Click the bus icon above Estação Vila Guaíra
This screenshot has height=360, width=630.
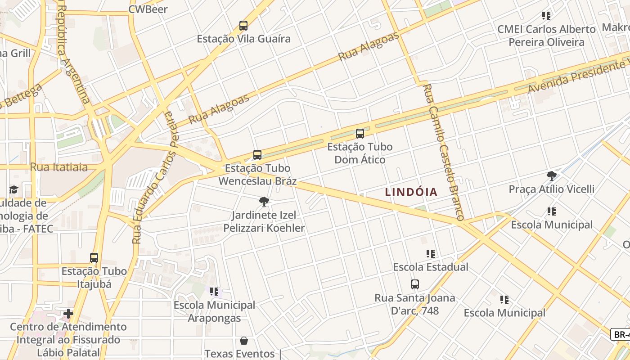pyautogui.click(x=243, y=26)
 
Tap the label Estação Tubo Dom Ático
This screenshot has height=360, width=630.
pyautogui.click(x=360, y=153)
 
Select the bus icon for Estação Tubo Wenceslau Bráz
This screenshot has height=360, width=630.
pyautogui.click(x=257, y=155)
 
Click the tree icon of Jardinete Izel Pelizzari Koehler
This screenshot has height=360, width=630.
pyautogui.click(x=264, y=202)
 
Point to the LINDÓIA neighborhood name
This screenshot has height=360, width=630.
pyautogui.click(x=411, y=192)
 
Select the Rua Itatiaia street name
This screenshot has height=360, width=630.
pyautogui.click(x=59, y=167)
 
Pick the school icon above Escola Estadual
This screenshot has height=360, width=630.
pyautogui.click(x=431, y=254)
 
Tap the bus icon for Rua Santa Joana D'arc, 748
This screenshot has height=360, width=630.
pyautogui.click(x=415, y=284)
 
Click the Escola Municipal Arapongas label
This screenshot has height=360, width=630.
pyautogui.click(x=214, y=311)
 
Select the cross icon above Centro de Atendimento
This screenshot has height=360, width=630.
pyautogui.click(x=68, y=313)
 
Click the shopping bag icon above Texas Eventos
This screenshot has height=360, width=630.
pyautogui.click(x=243, y=340)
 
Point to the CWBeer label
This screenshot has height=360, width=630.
pyautogui.click(x=148, y=9)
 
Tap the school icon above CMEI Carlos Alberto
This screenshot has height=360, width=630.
pyautogui.click(x=546, y=16)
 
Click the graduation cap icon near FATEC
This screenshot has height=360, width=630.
pyautogui.click(x=13, y=189)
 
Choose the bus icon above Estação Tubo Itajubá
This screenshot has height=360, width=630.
pyautogui.click(x=94, y=258)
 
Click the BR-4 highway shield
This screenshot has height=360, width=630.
pyautogui.click(x=621, y=334)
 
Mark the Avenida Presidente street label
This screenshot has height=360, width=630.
pyautogui.click(x=578, y=75)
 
